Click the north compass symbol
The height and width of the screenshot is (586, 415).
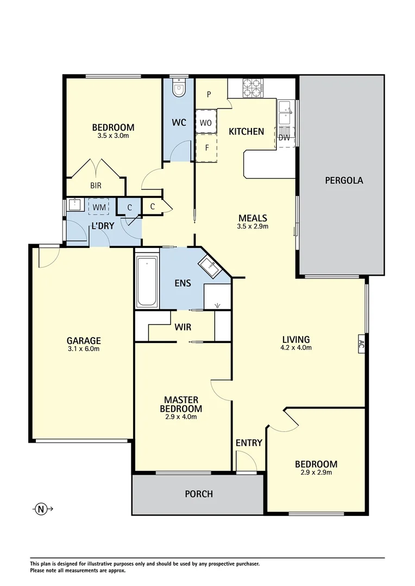tap(41, 509)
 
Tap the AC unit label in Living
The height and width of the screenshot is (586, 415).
tap(361, 343)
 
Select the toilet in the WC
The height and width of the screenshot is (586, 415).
tap(178, 87)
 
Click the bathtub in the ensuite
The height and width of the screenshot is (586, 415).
tap(147, 282)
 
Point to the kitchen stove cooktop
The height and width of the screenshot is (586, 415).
tap(253, 88)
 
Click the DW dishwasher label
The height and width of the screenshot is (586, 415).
tap(284, 137)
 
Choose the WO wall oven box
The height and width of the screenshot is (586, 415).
tap(205, 123)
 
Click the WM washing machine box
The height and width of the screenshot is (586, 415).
tap(99, 207)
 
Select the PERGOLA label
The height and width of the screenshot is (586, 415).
tap(343, 180)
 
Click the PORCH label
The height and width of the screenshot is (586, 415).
tap(199, 494)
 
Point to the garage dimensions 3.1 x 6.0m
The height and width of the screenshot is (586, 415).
tap(84, 349)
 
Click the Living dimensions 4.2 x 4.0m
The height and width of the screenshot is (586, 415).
tap(296, 348)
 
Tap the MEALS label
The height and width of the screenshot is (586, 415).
tap(253, 218)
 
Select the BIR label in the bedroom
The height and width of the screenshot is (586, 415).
tap(96, 186)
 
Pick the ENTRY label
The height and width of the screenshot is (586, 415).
tap(249, 443)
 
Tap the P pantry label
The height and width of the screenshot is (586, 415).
tap(209, 94)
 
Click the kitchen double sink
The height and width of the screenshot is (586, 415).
tap(284, 114)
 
